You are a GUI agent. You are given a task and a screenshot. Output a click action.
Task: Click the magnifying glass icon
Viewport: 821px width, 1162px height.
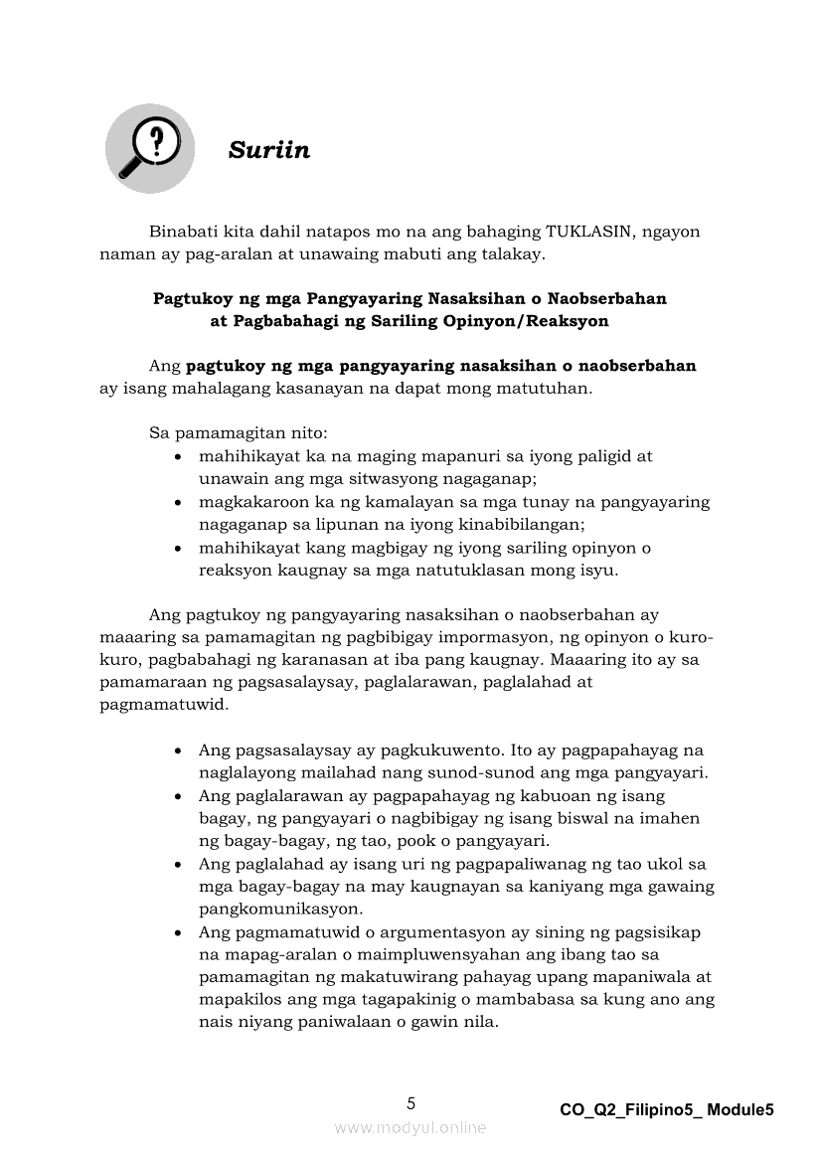148,148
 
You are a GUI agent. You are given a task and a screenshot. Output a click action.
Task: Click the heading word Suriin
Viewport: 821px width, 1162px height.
269,150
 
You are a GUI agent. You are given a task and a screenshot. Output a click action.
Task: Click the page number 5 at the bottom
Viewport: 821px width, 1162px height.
411,1103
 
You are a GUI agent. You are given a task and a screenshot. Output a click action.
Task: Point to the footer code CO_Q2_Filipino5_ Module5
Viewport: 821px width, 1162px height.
666,1110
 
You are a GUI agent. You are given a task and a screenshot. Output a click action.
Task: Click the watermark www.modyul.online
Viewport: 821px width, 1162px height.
410,1127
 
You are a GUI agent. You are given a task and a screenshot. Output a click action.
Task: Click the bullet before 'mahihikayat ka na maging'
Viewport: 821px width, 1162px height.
177,458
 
